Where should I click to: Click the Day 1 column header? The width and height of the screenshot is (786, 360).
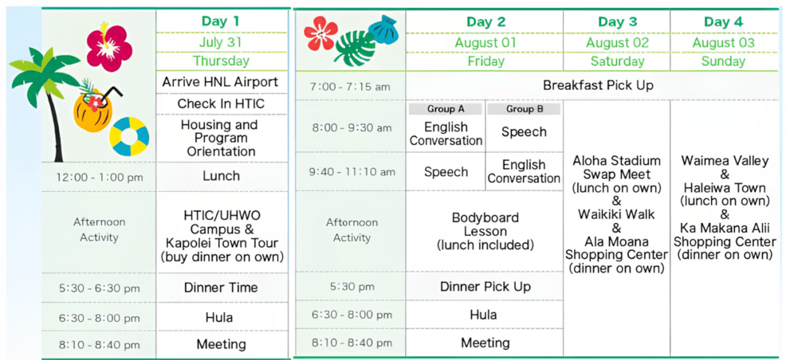221,22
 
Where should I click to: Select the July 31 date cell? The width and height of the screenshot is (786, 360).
221,42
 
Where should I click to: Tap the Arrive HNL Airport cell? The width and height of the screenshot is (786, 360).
221,82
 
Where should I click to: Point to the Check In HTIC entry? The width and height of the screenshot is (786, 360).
221,104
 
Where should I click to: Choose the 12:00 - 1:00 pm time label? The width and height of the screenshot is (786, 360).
100,177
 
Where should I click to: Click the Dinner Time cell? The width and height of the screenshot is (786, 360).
221,288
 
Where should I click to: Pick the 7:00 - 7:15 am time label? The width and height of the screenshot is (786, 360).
350,87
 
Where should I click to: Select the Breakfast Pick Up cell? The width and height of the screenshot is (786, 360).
598,85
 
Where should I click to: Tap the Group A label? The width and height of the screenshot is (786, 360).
445,109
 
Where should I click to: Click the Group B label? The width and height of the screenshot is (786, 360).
524,109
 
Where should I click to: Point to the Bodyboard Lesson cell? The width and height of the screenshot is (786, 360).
485,232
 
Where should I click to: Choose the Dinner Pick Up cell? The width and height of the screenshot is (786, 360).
485,287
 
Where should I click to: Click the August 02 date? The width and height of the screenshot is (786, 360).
617,43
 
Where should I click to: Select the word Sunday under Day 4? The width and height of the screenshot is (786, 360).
723,61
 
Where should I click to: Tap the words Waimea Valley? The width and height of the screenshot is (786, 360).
725,162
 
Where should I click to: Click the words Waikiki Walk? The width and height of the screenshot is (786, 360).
616,214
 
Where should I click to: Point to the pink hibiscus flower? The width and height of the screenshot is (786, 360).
109,46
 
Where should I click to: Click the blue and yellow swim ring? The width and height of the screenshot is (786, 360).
130,136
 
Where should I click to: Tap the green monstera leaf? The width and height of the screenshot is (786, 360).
355,48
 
